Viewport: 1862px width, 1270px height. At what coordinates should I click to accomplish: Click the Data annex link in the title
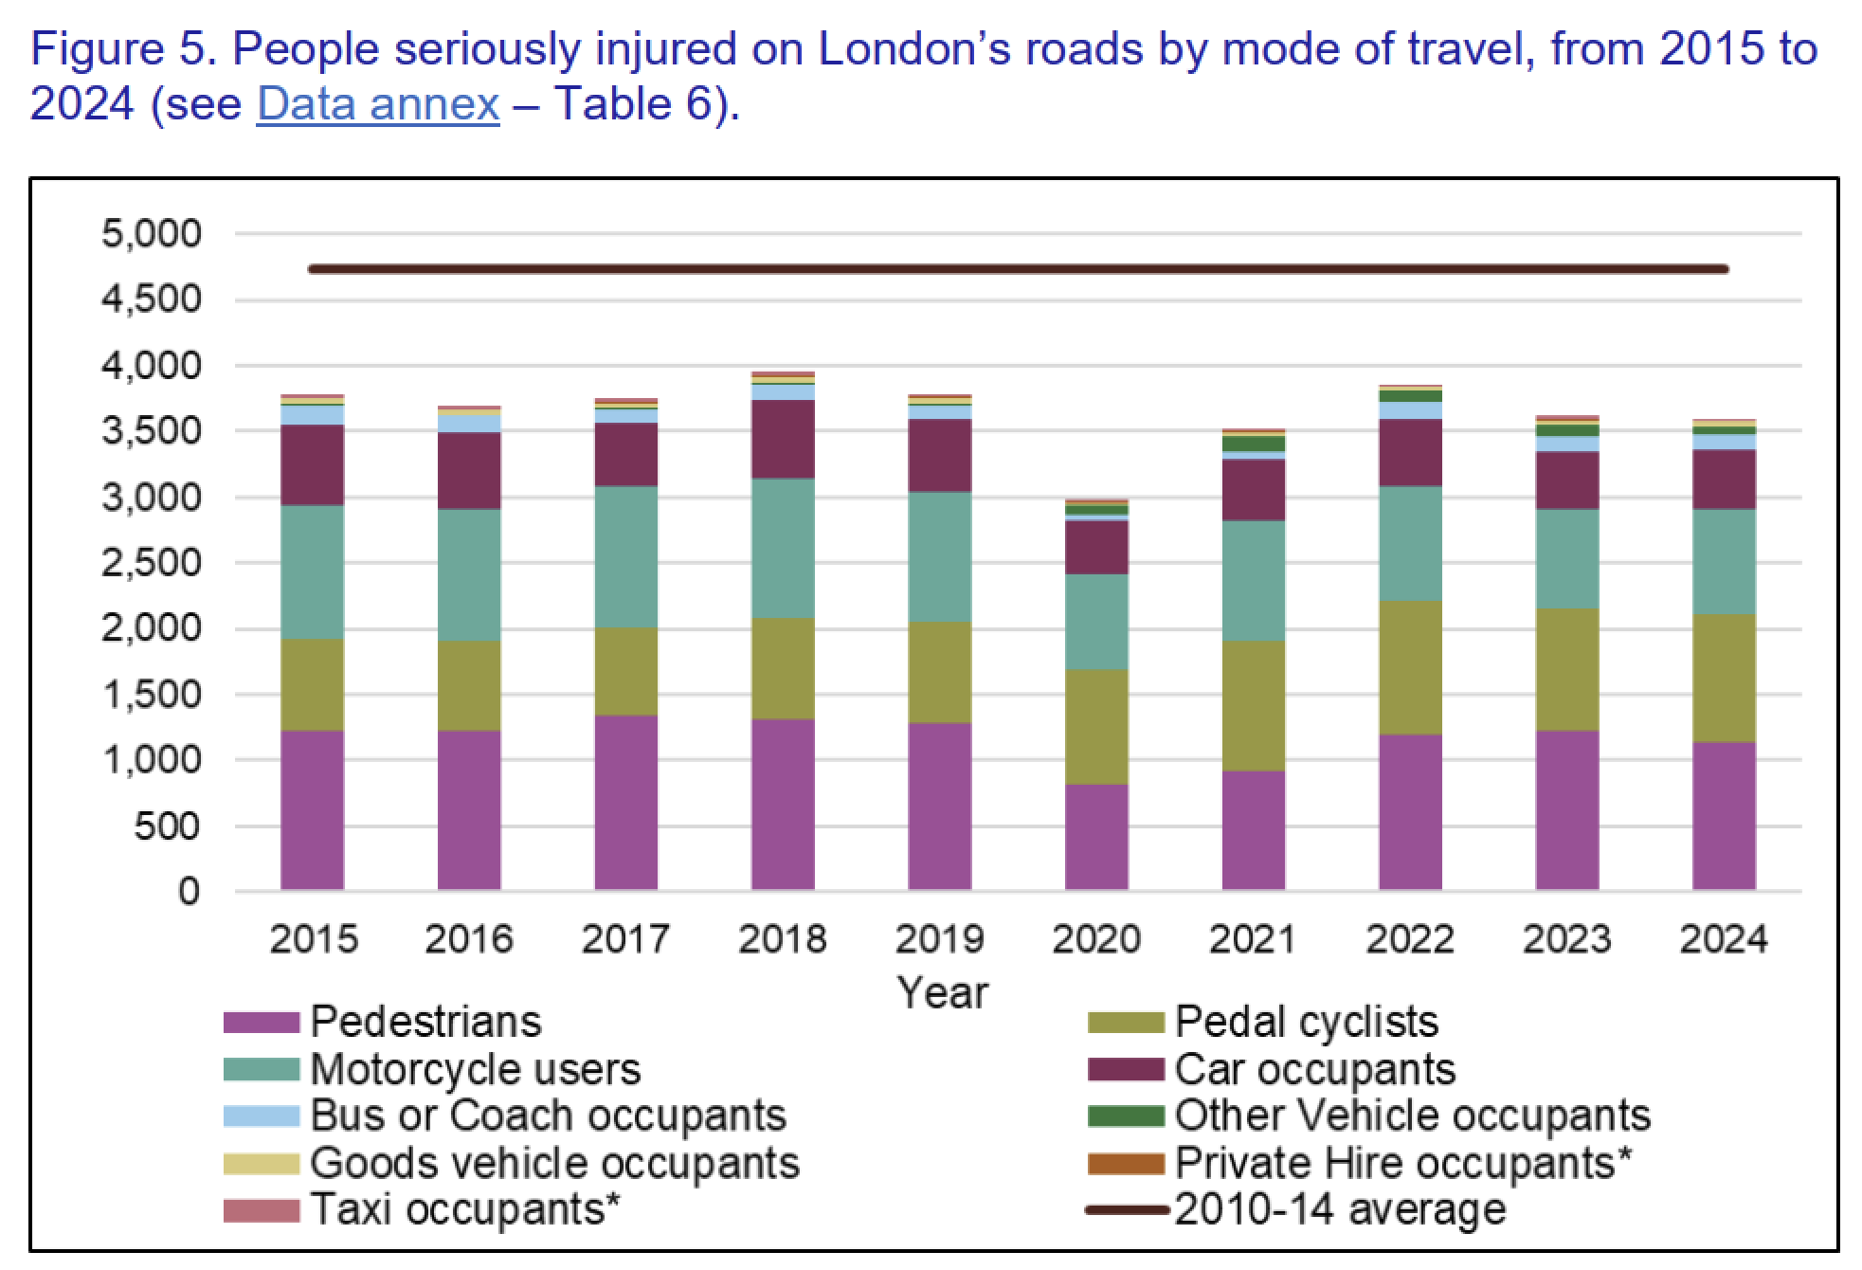[x=377, y=103]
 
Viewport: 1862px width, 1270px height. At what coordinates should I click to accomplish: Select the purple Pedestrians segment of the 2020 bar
[x=1096, y=837]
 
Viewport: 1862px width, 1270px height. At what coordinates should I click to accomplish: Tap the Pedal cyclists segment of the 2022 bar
[x=1410, y=667]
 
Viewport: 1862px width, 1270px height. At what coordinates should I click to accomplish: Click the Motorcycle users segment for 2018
[x=783, y=548]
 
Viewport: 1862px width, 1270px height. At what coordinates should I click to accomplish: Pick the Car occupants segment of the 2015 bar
[x=313, y=464]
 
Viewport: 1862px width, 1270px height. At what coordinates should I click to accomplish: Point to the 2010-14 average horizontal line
[x=1019, y=269]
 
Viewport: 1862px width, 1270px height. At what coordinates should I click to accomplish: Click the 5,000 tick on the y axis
[x=152, y=233]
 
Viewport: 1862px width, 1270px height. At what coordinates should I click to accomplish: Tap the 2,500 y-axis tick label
[x=152, y=563]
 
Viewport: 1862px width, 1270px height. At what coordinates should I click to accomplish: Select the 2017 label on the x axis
[x=625, y=938]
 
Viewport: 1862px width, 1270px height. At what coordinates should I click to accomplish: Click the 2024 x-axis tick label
[x=1724, y=938]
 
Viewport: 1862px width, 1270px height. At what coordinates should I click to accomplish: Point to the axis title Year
[x=942, y=992]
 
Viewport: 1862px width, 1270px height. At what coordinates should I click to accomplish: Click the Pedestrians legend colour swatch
[x=262, y=1024]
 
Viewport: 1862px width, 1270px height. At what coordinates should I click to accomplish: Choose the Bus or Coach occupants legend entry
[x=548, y=1116]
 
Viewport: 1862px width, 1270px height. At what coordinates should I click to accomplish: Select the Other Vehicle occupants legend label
[x=1412, y=1116]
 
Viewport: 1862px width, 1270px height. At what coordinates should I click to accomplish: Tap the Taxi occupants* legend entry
[x=457, y=1209]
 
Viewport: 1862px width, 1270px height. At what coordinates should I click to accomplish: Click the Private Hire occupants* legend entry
[x=1402, y=1163]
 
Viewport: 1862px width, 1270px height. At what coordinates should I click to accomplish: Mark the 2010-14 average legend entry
[x=1340, y=1209]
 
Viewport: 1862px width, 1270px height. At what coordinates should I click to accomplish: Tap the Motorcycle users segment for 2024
[x=1724, y=561]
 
